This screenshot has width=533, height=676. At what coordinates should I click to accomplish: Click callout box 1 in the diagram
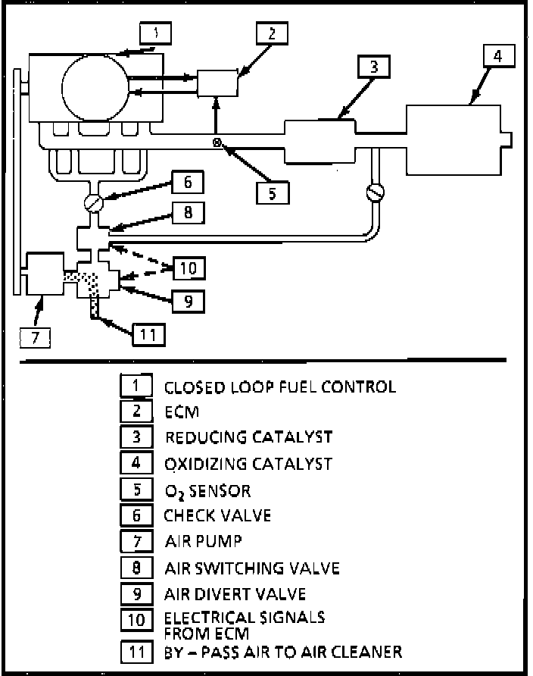point(156,33)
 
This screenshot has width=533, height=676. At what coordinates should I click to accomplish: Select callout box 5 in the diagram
point(273,192)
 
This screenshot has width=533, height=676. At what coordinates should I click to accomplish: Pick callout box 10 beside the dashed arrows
point(188,268)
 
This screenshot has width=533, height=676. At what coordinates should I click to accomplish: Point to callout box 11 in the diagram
point(148,333)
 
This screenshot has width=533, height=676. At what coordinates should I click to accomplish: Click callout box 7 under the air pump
point(35,335)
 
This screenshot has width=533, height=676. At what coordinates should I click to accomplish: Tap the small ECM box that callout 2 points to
point(217,83)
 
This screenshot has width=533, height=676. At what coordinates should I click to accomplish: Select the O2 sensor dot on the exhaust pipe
point(217,142)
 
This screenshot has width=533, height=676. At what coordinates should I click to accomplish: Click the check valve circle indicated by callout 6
point(93,203)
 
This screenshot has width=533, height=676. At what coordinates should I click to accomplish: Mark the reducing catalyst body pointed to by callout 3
point(318,139)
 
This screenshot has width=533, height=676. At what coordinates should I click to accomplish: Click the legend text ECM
point(182,412)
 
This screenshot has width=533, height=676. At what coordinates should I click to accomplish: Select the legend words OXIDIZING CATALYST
point(248,463)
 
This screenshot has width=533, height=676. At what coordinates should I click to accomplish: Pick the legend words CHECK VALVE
point(217,515)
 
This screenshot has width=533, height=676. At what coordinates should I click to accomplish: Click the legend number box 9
point(136,593)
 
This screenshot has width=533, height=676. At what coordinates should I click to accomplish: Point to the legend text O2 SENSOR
point(207,490)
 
